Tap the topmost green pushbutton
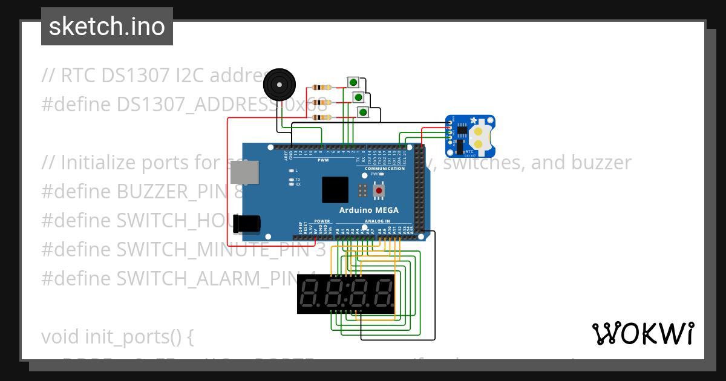(x=353, y=82)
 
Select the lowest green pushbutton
(x=363, y=112)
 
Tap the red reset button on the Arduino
(x=379, y=191)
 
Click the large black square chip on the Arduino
(x=335, y=190)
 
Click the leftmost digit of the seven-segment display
(x=310, y=293)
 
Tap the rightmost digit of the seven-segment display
(x=382, y=293)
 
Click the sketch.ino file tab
(x=107, y=27)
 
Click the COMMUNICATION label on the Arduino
(x=385, y=169)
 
